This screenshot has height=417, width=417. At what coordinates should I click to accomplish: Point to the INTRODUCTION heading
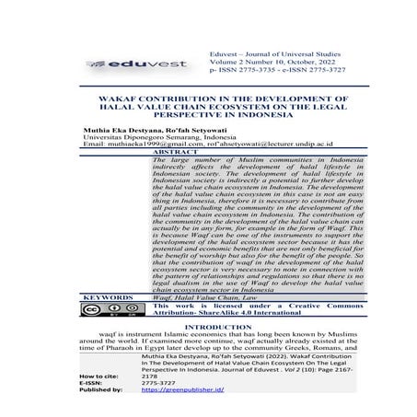click(208, 327)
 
